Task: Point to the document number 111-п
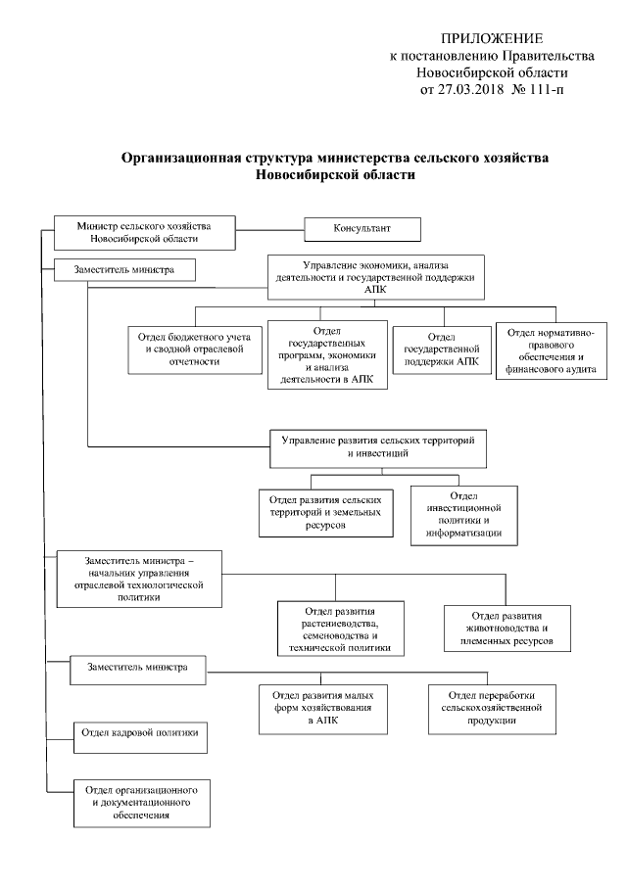(544, 90)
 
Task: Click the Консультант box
(362, 228)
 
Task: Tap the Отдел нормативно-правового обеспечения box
(552, 350)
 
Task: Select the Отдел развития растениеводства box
(340, 628)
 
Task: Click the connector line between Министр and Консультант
(270, 229)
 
